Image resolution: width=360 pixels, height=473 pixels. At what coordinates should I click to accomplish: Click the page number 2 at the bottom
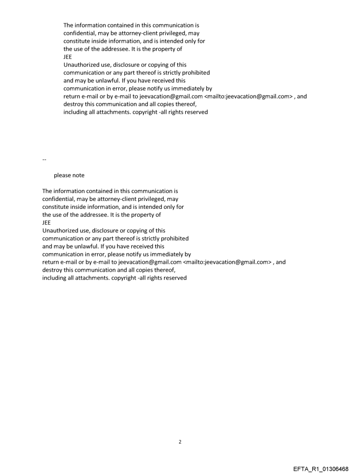coord(180,442)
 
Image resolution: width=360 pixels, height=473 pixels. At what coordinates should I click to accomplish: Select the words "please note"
coord(69,175)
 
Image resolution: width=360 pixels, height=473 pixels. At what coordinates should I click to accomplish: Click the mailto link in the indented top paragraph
coord(250,97)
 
